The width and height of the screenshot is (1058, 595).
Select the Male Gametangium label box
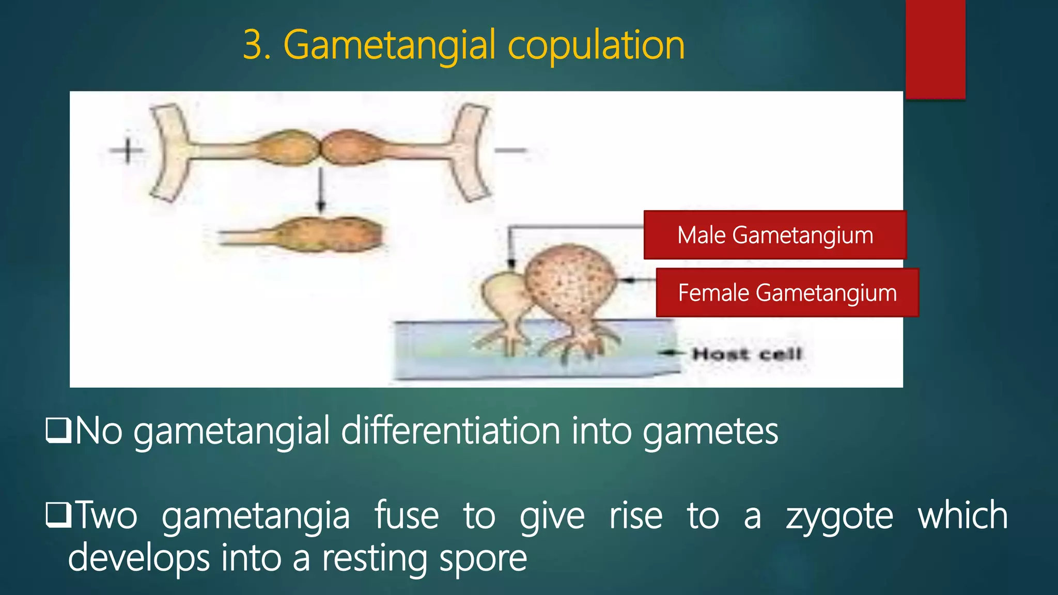click(x=775, y=235)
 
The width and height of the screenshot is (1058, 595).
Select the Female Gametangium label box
click(x=787, y=292)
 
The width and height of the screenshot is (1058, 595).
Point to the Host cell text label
click(x=747, y=354)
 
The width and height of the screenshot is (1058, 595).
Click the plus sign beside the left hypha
click(x=127, y=151)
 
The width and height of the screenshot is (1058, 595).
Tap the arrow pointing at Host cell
click(x=672, y=353)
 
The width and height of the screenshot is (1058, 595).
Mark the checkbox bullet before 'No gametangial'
click(x=58, y=430)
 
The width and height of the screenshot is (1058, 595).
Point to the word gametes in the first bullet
click(x=710, y=432)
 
